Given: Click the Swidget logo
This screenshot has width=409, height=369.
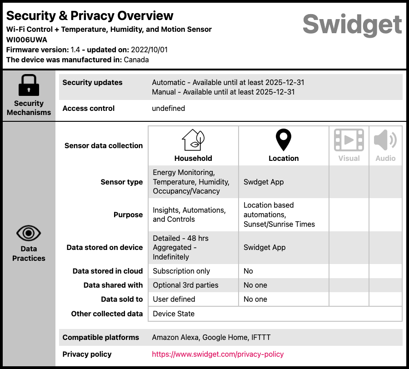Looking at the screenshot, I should (352, 24).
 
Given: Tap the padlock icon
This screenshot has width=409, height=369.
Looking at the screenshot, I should (29, 85).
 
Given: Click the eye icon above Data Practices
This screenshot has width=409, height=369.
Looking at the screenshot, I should (29, 233).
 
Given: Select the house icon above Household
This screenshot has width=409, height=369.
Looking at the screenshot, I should (193, 140).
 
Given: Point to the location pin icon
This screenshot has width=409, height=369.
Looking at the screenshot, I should (284, 140).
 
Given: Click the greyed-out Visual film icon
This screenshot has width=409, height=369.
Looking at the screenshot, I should (349, 140).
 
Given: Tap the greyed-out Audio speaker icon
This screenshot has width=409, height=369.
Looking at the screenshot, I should (385, 140).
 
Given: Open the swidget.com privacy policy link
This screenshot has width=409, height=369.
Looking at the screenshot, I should (218, 354).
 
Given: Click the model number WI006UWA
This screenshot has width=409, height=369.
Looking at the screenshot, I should (27, 40).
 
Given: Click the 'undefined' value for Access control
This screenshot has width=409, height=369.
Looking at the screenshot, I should (168, 108).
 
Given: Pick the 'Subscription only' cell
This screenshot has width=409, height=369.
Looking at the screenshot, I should (181, 271).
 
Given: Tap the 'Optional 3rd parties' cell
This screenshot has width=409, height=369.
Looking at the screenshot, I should (185, 285).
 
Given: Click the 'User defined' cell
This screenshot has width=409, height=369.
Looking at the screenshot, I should (174, 299).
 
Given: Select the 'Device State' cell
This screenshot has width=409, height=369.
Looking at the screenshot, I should (174, 314).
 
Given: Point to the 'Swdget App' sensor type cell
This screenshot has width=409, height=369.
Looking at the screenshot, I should (264, 182).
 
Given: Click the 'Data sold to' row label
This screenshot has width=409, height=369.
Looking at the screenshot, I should (122, 299).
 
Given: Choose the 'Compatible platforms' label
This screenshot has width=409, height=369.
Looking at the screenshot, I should (101, 337).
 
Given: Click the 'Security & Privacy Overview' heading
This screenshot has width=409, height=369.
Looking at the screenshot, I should (90, 15).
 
